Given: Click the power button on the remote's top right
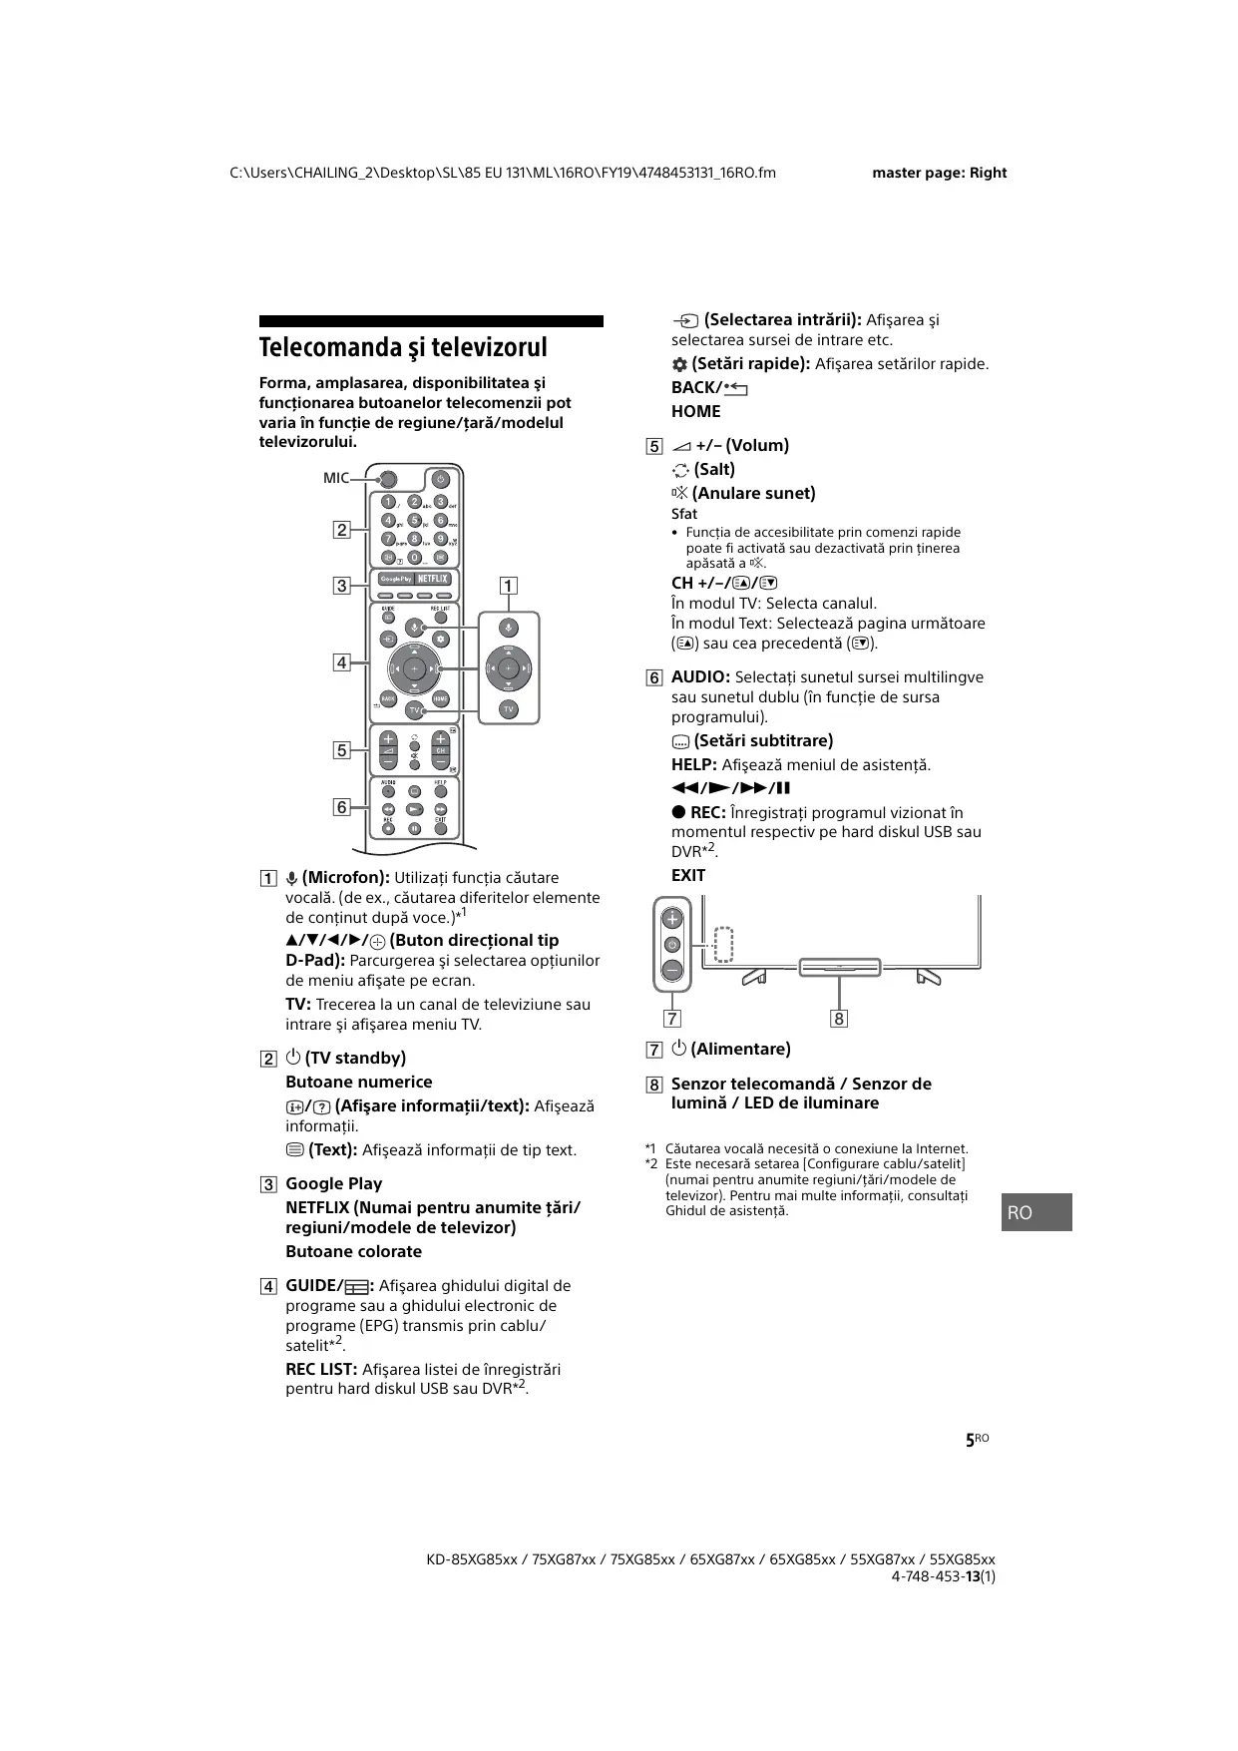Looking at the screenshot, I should click(440, 479).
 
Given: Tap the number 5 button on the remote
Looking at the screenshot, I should click(415, 520).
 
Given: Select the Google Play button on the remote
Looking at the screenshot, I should click(396, 579).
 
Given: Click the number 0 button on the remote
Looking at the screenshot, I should click(415, 557).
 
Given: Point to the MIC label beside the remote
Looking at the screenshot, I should click(336, 478).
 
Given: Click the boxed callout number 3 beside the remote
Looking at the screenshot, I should click(342, 586).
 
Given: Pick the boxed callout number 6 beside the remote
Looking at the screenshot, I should click(342, 806).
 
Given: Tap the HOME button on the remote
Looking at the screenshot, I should click(441, 699).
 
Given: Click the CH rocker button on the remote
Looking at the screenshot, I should click(440, 751).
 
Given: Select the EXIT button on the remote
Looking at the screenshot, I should click(440, 828).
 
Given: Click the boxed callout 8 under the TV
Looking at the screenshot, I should click(839, 1019).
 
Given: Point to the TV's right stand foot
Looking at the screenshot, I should click(928, 977).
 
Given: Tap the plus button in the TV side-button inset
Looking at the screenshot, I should click(673, 919).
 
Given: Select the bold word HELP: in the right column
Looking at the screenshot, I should click(693, 765).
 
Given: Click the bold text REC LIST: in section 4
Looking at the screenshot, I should click(321, 1369).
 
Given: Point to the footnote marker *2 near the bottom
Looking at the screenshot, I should click(651, 1164).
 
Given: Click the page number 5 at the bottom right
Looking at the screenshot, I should click(970, 1441).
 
